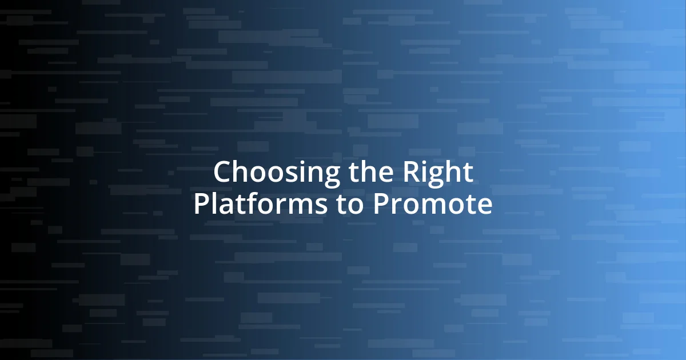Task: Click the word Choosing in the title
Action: coord(271,172)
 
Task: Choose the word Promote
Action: coord(432,205)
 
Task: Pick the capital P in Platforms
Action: coord(201,205)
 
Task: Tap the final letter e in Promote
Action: coord(485,206)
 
